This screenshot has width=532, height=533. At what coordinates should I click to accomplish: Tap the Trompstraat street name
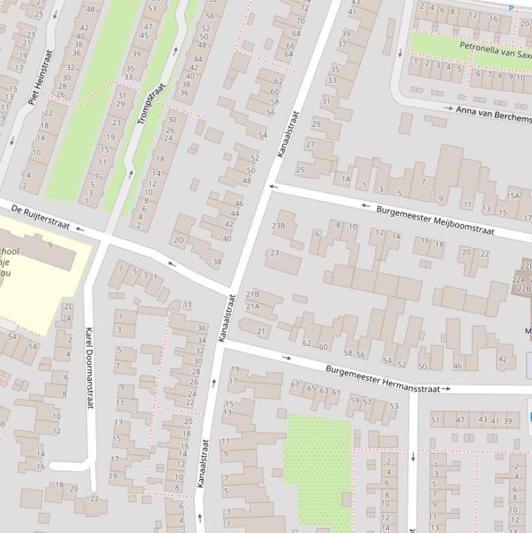click(151, 105)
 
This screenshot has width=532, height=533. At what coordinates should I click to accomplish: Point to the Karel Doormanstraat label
click(89, 368)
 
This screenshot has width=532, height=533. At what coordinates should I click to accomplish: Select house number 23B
click(278, 226)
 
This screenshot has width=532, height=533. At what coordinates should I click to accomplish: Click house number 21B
click(253, 294)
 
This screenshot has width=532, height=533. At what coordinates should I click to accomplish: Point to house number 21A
click(253, 307)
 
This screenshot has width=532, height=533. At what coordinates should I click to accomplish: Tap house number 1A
click(346, 179)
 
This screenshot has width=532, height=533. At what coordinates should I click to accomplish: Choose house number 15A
click(512, 196)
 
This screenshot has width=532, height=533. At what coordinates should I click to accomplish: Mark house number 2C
click(68, 306)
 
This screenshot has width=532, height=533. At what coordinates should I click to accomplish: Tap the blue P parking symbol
click(511, 8)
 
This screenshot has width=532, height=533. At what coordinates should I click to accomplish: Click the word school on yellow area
click(10, 251)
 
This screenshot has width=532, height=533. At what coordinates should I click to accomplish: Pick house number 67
click(295, 385)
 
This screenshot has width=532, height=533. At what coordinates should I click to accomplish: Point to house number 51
click(435, 419)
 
